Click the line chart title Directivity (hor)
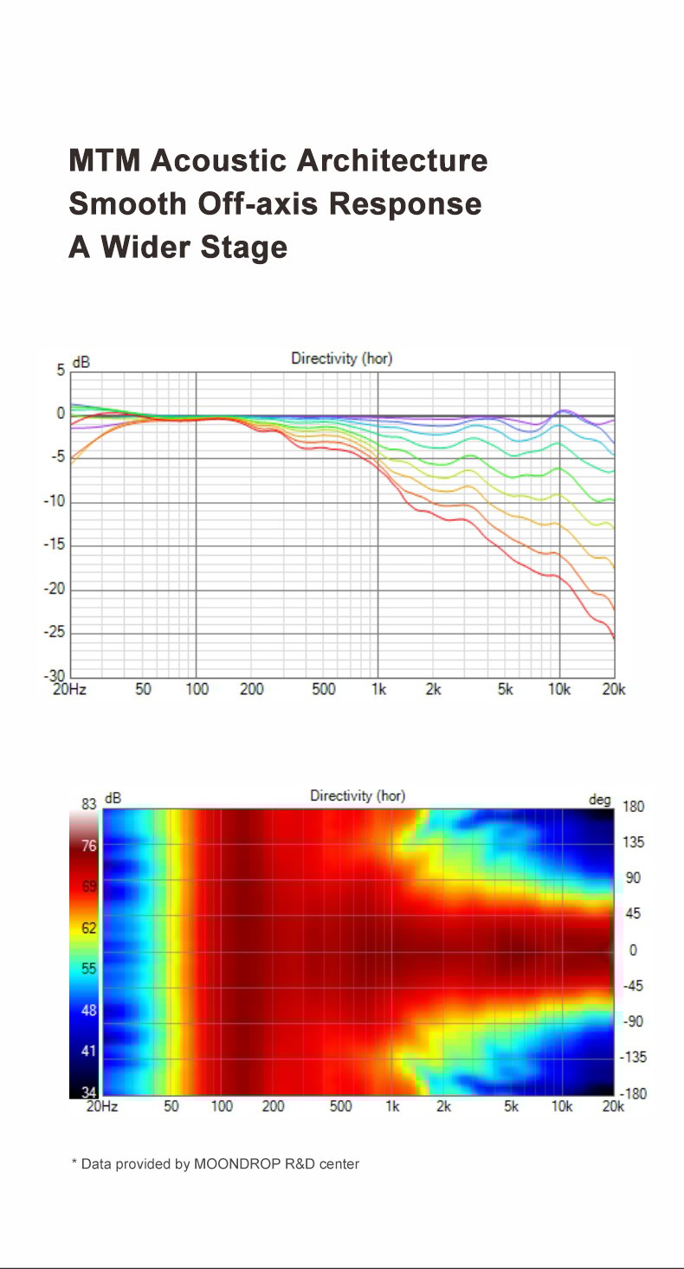point(341,358)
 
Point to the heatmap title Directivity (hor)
point(357,796)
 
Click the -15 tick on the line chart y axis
point(54,545)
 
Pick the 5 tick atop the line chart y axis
point(61,370)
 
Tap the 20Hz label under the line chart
point(69,689)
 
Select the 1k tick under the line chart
point(377,689)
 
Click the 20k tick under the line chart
point(613,689)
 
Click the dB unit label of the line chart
point(81,363)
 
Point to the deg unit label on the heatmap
point(600,799)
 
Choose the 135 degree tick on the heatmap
point(634,842)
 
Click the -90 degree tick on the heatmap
point(635,1021)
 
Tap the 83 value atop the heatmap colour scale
point(88,804)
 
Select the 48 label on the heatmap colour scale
point(88,1009)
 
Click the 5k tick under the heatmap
point(511,1106)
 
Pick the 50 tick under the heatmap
point(171,1106)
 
